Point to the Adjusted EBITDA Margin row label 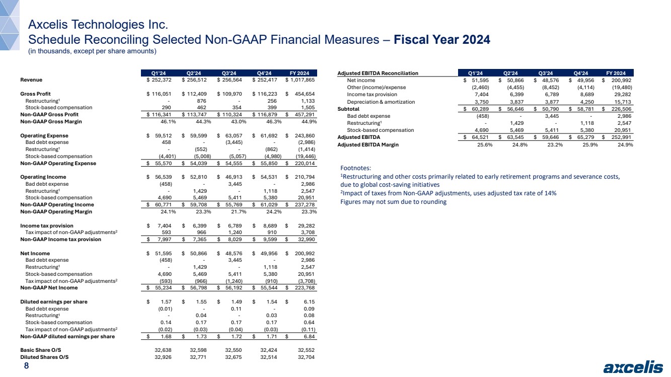click(367, 144)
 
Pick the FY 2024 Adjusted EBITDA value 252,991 click(621, 137)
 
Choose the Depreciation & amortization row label click(381, 102)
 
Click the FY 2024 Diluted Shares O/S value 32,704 click(306, 357)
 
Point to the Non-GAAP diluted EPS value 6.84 click(307, 336)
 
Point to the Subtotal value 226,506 click(621, 108)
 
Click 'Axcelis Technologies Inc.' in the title click(97, 24)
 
